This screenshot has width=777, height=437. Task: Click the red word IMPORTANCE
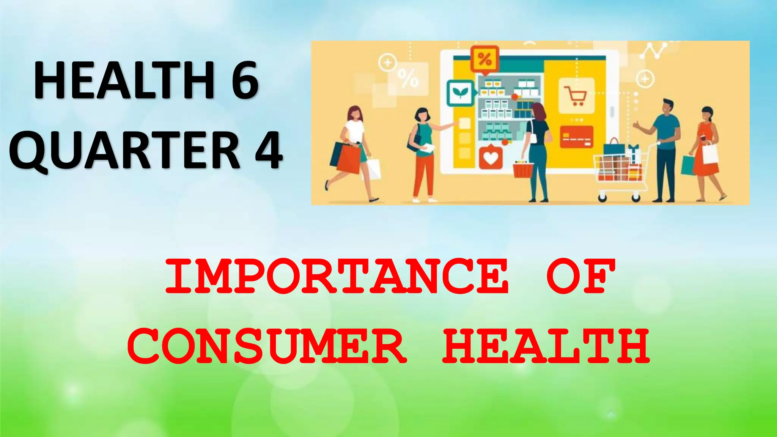337,276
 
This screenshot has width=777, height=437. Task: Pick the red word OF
580,276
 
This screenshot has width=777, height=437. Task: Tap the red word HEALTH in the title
546,346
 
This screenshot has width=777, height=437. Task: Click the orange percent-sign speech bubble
484,59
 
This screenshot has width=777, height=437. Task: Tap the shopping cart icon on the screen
576,96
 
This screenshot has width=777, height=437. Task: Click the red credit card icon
577,137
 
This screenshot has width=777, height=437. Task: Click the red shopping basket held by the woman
523,170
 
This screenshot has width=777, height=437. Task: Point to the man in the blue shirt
665,148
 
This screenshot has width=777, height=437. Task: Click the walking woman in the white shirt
355,152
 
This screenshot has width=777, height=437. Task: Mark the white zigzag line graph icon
654,51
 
